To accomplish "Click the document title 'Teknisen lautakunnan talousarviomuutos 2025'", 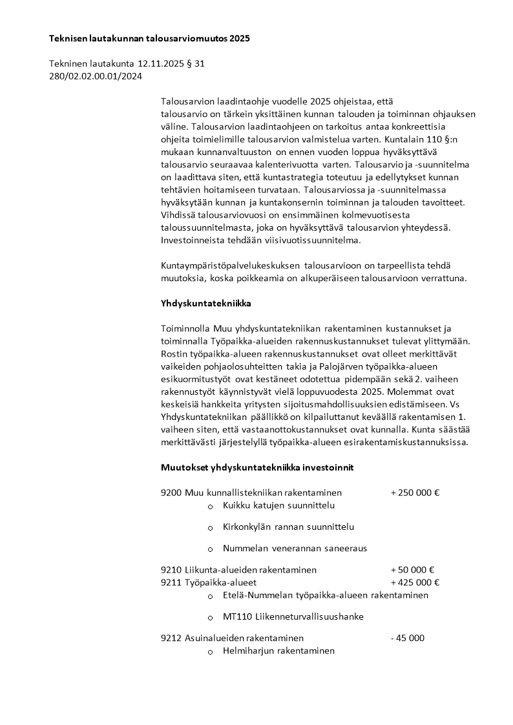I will (x=149, y=39).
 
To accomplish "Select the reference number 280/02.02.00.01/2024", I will (x=96, y=76).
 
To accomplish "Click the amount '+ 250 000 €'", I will (x=415, y=492).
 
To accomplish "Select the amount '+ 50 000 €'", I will (x=412, y=570).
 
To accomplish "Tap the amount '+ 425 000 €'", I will (x=415, y=582).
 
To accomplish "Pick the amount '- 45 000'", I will (x=408, y=638).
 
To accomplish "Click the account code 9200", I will (x=171, y=492).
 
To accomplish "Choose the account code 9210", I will (x=171, y=570).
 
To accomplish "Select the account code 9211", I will (x=171, y=582).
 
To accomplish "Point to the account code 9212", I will (x=171, y=638).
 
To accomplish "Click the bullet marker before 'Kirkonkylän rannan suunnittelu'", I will (x=210, y=529).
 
